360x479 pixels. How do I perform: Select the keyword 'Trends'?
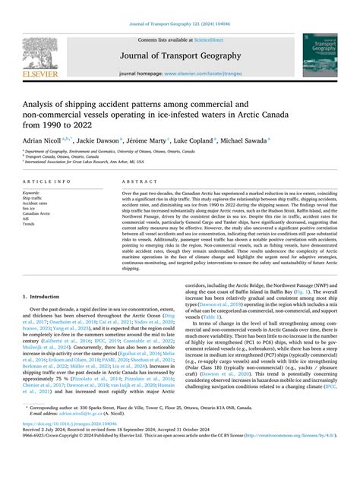[30, 225]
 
